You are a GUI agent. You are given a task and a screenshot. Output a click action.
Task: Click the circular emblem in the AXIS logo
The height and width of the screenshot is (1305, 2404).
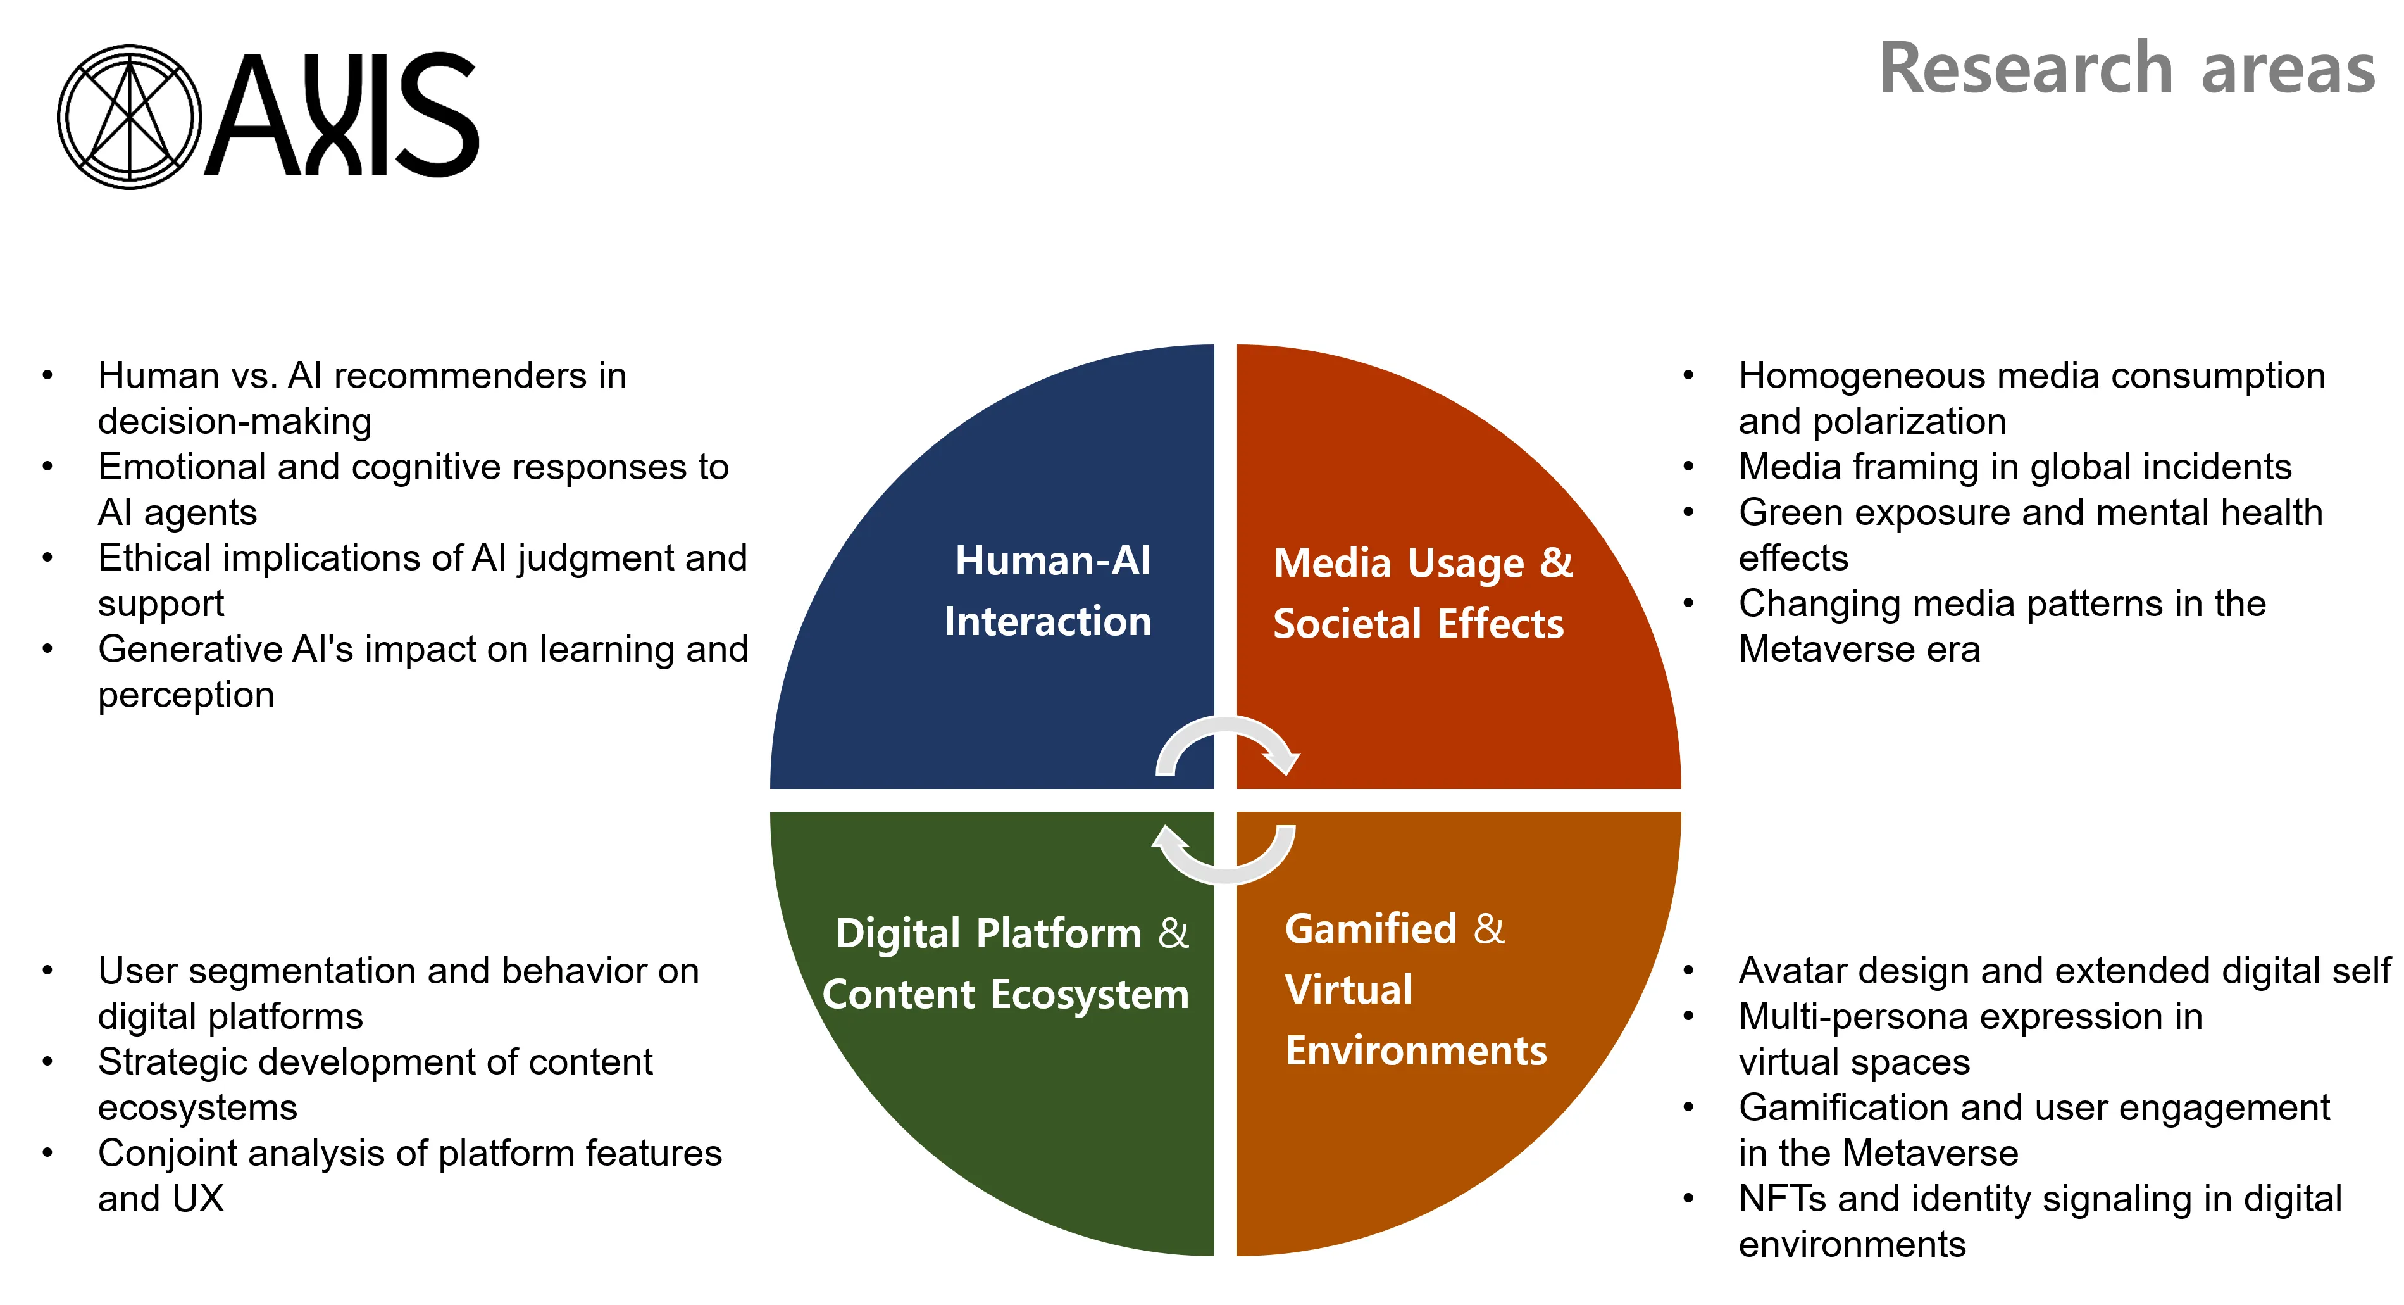click(x=129, y=117)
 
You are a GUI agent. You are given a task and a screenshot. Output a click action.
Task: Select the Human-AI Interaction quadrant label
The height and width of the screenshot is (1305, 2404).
click(x=1049, y=591)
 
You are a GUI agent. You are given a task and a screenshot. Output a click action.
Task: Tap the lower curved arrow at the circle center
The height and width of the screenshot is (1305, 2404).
click(x=1224, y=854)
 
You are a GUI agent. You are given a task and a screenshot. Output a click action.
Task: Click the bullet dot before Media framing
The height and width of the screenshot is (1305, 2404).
click(x=1687, y=467)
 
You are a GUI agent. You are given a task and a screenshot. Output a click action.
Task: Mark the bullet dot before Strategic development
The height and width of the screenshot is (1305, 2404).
click(x=47, y=1062)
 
